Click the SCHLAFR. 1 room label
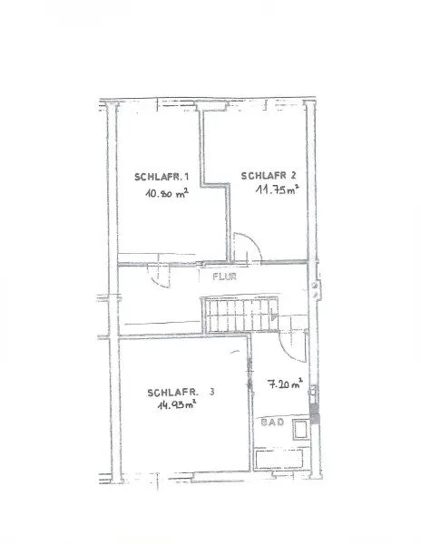point(161,177)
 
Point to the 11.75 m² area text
point(273,190)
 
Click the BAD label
point(269,423)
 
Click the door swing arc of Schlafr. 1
point(159,276)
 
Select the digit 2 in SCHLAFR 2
point(293,174)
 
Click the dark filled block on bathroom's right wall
point(314,418)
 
